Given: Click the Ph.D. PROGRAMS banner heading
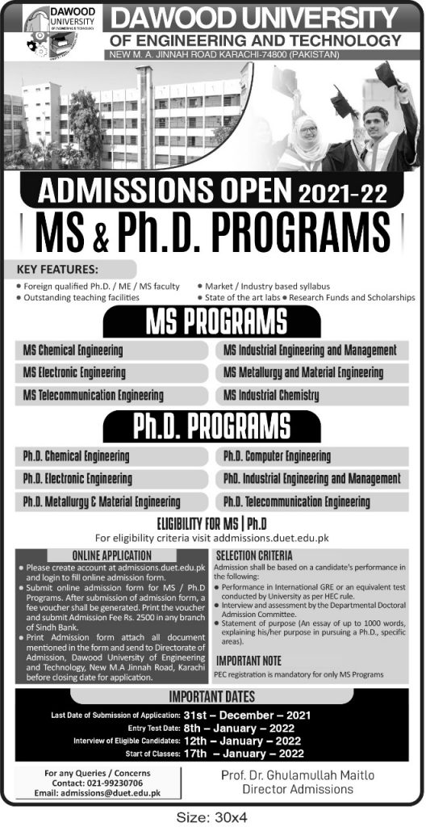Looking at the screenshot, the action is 213,424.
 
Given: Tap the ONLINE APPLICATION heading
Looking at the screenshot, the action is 111,556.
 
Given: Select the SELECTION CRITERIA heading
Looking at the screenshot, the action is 253,556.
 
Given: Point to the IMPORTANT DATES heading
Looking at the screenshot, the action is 212,697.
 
